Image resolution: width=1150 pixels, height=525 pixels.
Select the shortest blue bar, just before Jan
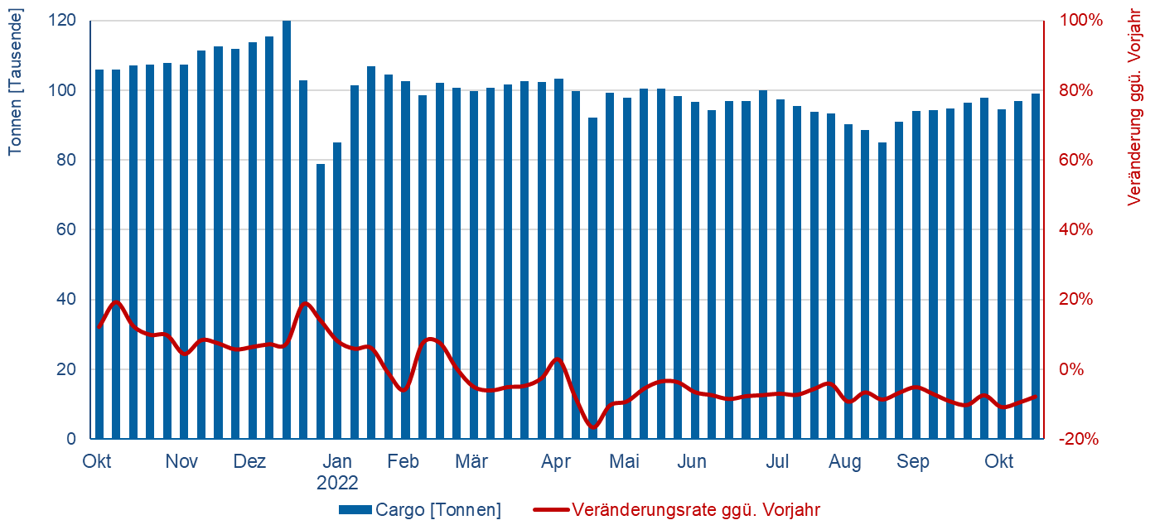click(321, 301)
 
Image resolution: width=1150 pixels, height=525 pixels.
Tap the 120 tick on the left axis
click(65, 20)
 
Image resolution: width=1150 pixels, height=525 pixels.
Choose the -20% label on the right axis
click(1078, 439)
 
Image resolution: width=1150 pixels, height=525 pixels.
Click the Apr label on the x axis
click(556, 462)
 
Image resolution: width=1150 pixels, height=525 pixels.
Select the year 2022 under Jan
click(337, 482)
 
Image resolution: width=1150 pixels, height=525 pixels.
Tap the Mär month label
click(471, 462)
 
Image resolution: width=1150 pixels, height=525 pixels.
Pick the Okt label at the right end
click(998, 462)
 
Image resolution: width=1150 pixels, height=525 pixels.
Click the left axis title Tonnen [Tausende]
click(15, 81)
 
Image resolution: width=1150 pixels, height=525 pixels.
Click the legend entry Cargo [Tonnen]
click(438, 509)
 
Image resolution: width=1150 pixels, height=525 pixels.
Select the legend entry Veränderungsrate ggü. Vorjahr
click(696, 509)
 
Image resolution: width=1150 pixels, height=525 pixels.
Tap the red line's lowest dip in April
click(592, 427)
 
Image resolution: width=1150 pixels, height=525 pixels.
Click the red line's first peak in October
click(116, 302)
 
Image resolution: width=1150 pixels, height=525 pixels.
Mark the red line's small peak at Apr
click(556, 359)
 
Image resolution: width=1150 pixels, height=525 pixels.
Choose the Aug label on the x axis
click(845, 462)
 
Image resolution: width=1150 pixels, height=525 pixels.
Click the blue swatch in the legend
click(355, 509)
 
